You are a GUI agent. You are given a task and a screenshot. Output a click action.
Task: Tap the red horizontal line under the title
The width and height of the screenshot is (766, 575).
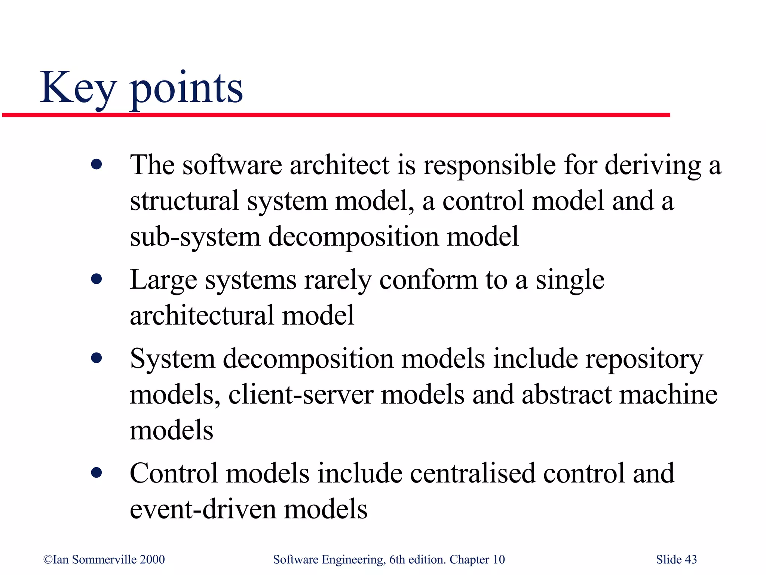click(337, 115)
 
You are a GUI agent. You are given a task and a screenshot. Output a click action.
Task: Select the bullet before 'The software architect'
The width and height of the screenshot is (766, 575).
click(96, 164)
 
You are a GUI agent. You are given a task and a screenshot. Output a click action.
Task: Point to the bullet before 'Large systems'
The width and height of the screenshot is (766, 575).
click(96, 279)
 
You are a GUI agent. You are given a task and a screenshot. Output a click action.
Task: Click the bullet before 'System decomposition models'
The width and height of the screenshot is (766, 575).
click(96, 358)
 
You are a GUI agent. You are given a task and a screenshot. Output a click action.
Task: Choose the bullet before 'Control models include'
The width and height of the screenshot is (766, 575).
click(96, 473)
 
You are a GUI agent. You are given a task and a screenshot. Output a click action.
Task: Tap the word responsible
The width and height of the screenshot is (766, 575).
click(489, 165)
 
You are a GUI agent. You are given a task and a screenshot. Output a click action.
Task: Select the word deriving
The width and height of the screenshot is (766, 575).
click(652, 165)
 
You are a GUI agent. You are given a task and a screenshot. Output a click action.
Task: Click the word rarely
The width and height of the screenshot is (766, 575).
click(338, 280)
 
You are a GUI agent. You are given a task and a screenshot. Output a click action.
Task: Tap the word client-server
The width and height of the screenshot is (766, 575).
click(301, 395)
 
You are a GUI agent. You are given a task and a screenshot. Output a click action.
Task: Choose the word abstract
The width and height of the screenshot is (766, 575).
click(566, 395)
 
